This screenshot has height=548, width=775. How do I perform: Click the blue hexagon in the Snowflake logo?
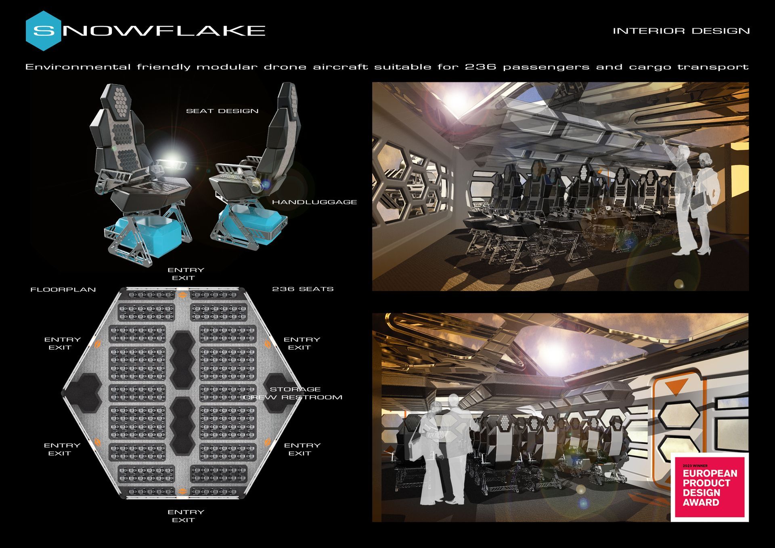click(43, 31)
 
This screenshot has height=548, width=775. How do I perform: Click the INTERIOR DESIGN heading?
click(681, 31)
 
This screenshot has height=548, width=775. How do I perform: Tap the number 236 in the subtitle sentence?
click(481, 67)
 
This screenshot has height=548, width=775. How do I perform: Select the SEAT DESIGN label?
click(222, 111)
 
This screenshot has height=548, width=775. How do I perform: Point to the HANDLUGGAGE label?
click(314, 202)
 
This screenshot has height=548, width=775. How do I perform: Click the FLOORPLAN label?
click(63, 290)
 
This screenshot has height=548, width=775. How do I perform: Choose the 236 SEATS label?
click(303, 289)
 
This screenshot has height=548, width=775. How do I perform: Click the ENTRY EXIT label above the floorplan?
click(186, 274)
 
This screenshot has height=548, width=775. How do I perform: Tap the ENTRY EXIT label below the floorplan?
click(186, 516)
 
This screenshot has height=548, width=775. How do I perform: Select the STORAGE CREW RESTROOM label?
click(293, 393)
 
